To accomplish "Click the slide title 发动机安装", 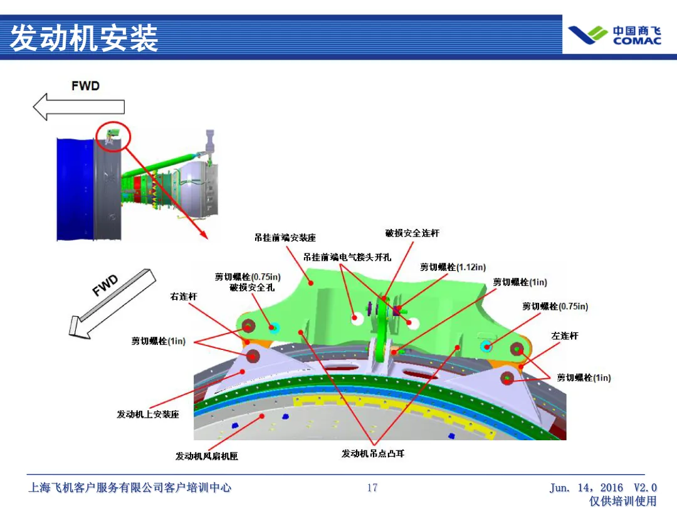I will (x=84, y=38).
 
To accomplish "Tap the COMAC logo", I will (x=614, y=35).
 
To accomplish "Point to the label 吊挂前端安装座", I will (x=285, y=238).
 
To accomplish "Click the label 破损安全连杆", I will (x=412, y=233).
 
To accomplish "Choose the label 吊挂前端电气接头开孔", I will (x=347, y=257).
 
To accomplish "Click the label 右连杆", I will (x=184, y=296).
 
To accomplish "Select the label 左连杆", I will (x=565, y=336).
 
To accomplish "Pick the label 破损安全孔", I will (x=252, y=287).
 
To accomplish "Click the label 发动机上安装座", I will (x=148, y=415).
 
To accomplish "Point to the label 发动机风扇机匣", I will (x=207, y=456).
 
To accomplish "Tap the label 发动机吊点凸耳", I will (x=373, y=453).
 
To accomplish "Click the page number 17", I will (x=372, y=487).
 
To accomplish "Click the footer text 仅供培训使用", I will (x=623, y=500).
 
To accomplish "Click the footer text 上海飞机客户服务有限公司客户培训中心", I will (x=130, y=487).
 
